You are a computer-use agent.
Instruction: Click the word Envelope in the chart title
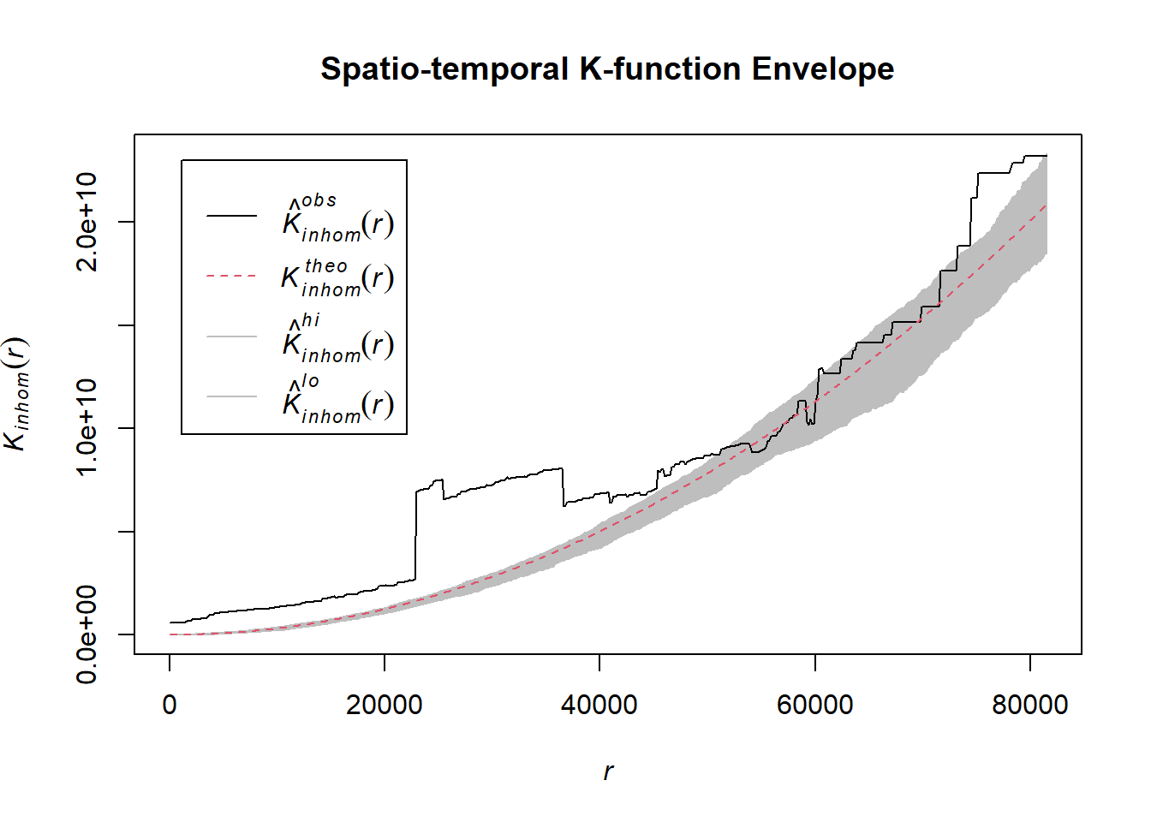click(822, 69)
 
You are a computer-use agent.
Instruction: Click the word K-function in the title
click(659, 69)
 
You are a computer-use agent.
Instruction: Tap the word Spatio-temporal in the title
click(444, 69)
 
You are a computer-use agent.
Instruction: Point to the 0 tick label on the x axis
click(170, 705)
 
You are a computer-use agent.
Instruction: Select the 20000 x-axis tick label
click(385, 705)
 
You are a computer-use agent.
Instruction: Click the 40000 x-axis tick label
click(599, 705)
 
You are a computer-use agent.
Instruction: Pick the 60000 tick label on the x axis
click(814, 705)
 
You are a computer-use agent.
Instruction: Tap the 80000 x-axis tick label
click(1029, 705)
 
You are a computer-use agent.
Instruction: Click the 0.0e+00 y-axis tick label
click(87, 634)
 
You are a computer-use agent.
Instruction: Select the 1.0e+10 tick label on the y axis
click(87, 428)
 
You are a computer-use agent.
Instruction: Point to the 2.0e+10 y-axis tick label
click(87, 222)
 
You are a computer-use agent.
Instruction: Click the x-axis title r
click(608, 771)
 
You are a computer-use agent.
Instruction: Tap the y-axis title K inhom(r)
click(17, 394)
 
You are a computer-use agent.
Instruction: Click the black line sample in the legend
click(231, 216)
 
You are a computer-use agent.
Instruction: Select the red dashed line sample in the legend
click(231, 277)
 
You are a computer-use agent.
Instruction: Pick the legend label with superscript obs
click(337, 219)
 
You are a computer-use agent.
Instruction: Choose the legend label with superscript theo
click(337, 277)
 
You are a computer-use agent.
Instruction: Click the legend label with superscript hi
click(337, 339)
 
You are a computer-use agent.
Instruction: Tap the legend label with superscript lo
click(337, 400)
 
